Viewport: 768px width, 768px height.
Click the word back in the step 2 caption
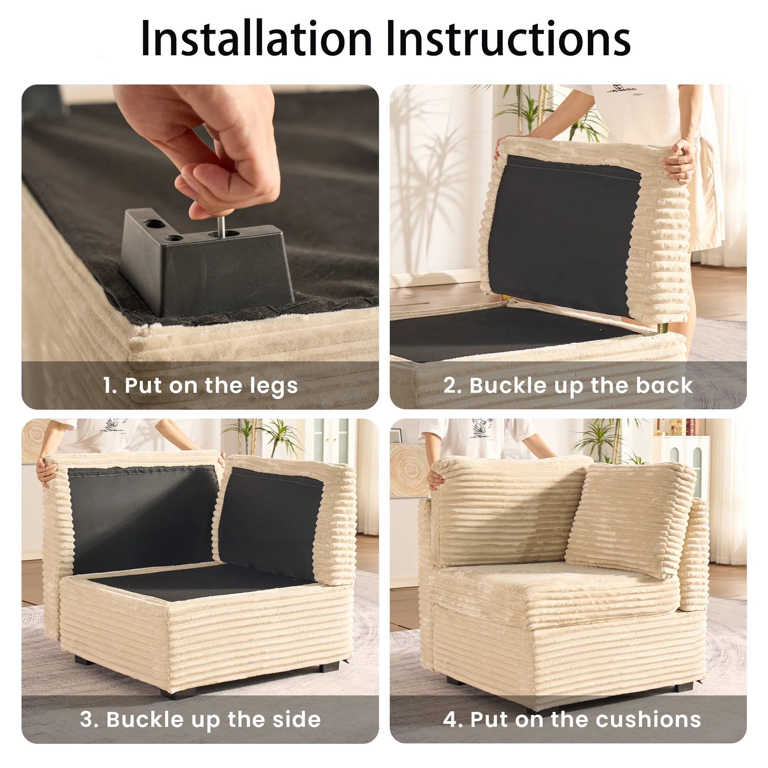coord(664,386)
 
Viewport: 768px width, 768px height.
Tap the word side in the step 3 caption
coord(296,720)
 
